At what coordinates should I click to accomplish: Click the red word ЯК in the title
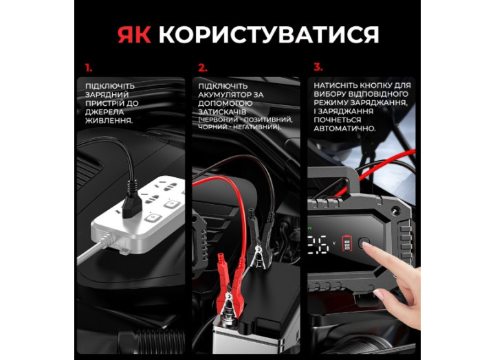point(135,34)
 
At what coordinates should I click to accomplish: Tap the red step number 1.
point(89,68)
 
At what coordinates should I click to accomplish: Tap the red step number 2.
point(202,68)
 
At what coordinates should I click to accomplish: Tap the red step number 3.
point(318,68)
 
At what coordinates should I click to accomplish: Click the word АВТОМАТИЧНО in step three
point(344,128)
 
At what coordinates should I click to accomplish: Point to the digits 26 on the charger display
point(319,244)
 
